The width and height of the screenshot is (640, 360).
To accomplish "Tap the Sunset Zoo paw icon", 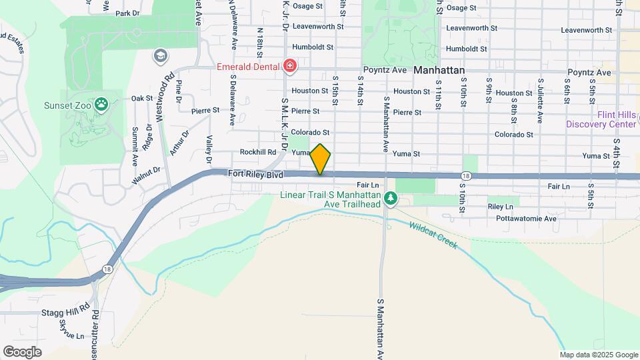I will [x=101, y=104].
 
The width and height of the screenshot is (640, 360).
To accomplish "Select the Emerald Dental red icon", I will [x=289, y=65].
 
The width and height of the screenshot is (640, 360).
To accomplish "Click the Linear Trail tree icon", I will [x=391, y=198].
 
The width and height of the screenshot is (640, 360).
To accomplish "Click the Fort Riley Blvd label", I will [x=256, y=174].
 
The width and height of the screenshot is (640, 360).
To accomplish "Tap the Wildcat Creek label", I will [x=433, y=235].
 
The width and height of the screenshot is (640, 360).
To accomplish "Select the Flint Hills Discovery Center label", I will [x=601, y=119].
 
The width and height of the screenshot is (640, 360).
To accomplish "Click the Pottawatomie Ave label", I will [x=531, y=218].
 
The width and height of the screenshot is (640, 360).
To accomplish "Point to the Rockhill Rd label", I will [x=258, y=152].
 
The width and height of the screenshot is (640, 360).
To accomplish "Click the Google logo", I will [x=22, y=351].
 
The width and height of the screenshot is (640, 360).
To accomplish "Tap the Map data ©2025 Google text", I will [x=598, y=355].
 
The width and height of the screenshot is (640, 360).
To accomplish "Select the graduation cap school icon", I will [x=159, y=55].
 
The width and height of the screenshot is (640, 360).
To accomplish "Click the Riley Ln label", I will [x=500, y=207].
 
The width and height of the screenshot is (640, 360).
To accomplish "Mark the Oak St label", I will [x=142, y=98].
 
